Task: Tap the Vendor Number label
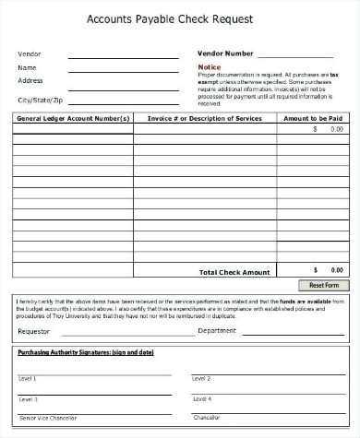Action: click(x=225, y=53)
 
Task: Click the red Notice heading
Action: click(x=210, y=67)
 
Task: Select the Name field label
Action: click(x=27, y=67)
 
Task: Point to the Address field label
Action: click(x=30, y=80)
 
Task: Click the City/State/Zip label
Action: click(x=40, y=99)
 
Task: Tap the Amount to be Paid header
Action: click(x=313, y=118)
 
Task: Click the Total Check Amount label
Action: click(x=234, y=272)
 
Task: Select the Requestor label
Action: click(x=34, y=330)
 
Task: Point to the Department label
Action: click(x=217, y=330)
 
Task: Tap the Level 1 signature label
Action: click(x=28, y=379)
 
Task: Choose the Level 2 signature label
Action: click(x=201, y=379)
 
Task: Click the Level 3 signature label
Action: click(x=28, y=399)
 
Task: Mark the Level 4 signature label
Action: click(x=201, y=399)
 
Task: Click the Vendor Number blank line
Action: click(x=294, y=56)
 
